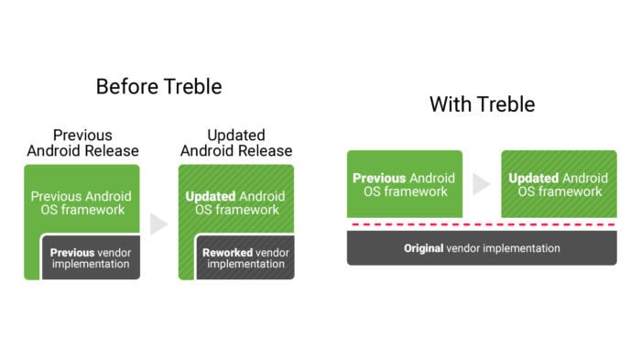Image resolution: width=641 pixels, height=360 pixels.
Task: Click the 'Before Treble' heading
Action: pyautogui.click(x=159, y=87)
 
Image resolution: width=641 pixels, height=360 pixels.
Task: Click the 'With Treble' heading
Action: pyautogui.click(x=483, y=104)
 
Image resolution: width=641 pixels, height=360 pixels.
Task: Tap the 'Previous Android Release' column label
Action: pyautogui.click(x=83, y=143)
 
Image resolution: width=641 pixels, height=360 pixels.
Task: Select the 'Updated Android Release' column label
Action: pyautogui.click(x=236, y=143)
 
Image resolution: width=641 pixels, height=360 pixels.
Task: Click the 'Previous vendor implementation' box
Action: pyautogui.click(x=92, y=257)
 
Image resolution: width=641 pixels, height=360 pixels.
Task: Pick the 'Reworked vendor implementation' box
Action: pyautogui.click(x=245, y=257)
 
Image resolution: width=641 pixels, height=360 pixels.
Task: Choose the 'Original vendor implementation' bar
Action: pyautogui.click(x=482, y=248)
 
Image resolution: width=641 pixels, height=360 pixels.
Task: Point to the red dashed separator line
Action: pyautogui.click(x=483, y=224)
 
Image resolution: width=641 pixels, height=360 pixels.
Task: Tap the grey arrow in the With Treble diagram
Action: pyautogui.click(x=482, y=184)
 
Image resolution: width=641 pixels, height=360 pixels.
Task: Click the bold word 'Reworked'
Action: pyautogui.click(x=228, y=253)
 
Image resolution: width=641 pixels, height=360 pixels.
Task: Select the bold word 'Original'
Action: pyautogui.click(x=423, y=248)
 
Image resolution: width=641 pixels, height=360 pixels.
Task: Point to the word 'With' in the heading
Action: pyautogui.click(x=451, y=104)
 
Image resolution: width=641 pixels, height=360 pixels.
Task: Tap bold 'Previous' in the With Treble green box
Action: pyautogui.click(x=379, y=179)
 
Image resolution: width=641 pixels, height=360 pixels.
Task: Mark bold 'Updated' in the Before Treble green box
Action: pyautogui.click(x=211, y=196)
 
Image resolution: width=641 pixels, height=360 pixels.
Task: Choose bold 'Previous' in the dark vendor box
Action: pyautogui.click(x=72, y=253)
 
